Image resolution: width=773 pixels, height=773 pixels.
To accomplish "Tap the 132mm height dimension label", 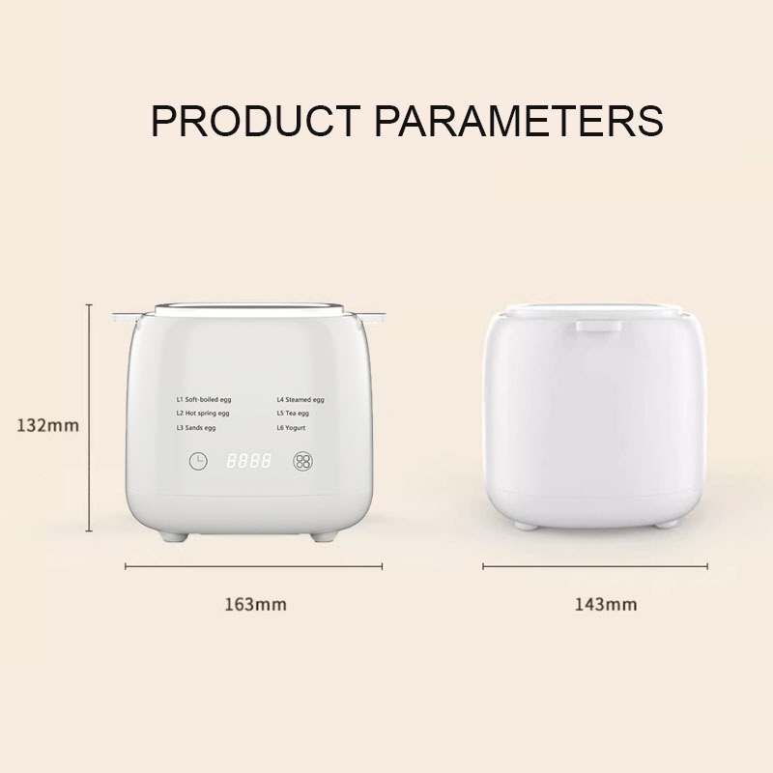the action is [47, 425].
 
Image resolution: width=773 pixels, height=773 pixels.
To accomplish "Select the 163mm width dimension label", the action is [255, 605].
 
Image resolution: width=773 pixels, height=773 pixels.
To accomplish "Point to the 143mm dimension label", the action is [606, 605].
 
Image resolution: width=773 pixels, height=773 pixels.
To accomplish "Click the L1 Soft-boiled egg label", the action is [204, 400].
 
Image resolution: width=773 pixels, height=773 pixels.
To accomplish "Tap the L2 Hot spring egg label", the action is [203, 414].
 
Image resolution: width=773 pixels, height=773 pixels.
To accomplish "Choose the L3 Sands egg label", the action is [196, 428].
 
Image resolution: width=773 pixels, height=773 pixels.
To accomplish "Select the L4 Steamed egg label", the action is [301, 400].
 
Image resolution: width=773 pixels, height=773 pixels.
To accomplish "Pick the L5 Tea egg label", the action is [293, 414].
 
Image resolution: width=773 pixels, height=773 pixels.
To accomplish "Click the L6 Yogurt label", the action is [291, 428].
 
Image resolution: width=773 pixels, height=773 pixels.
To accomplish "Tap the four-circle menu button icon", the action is [302, 462].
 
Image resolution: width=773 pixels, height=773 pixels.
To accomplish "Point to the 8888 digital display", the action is [248, 461].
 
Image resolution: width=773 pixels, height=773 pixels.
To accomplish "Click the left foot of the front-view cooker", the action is [174, 536].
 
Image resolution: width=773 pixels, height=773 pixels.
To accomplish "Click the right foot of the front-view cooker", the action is [325, 536].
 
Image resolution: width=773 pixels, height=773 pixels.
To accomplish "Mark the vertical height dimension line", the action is [89, 418].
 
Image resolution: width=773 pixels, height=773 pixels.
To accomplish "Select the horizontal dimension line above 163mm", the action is [253, 567].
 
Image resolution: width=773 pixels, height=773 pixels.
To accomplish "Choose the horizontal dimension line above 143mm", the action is [595, 567].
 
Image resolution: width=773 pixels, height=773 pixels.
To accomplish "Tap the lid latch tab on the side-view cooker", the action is [598, 326].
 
